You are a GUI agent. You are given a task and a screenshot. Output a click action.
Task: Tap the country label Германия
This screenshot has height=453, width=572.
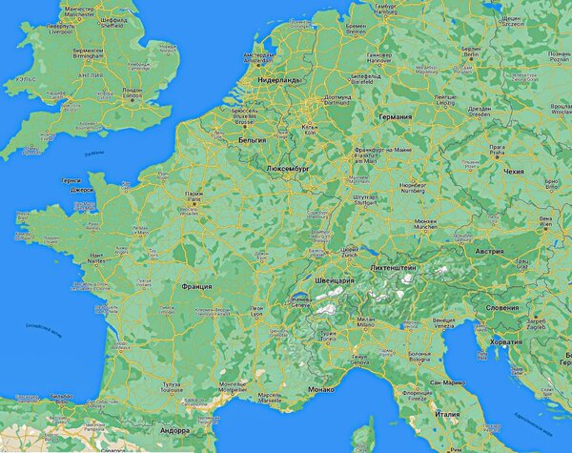tap(395, 116)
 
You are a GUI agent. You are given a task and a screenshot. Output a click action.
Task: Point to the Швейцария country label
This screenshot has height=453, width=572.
tap(334, 281)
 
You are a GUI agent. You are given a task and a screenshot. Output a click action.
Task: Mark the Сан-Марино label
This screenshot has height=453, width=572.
tap(447, 381)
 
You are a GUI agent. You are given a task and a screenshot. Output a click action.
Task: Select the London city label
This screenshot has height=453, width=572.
tap(133, 93)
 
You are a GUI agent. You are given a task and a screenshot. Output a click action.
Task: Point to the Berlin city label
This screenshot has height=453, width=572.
tap(471, 55)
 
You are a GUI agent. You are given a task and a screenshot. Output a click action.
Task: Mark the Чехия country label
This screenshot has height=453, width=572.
tap(513, 173)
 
